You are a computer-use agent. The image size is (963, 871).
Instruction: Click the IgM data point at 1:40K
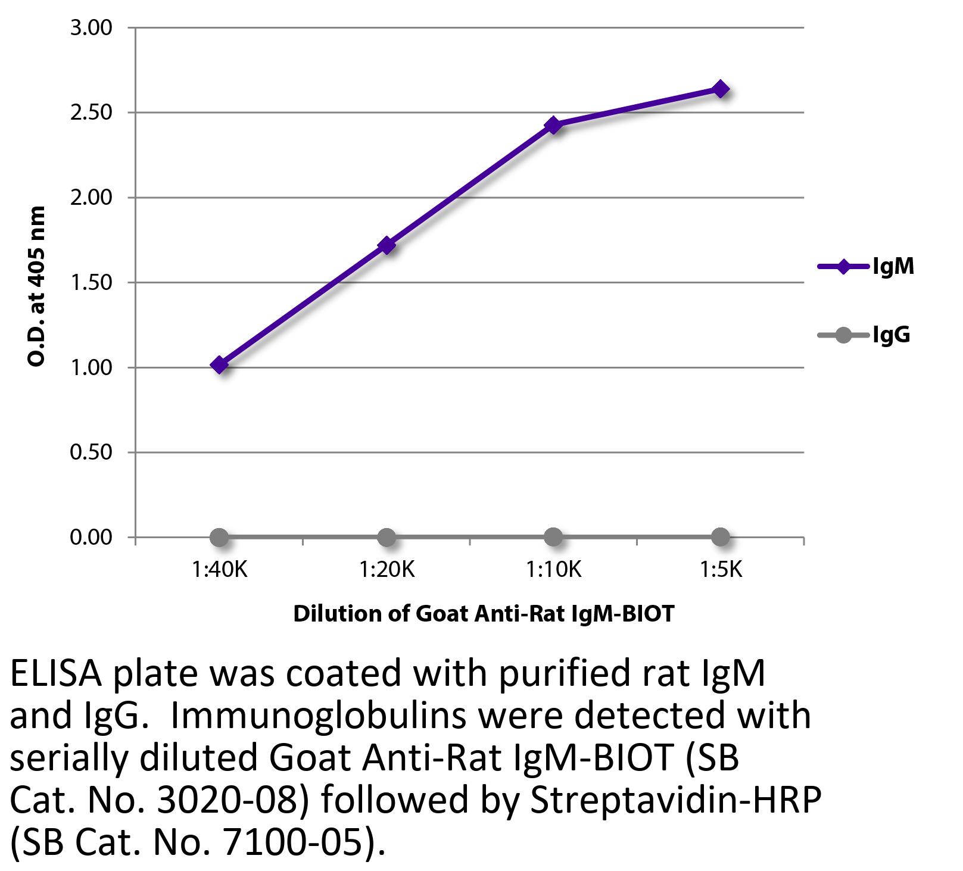click(x=219, y=364)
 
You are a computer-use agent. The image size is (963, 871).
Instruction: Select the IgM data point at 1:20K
click(x=387, y=245)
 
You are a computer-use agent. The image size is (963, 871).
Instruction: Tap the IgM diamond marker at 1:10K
click(x=553, y=125)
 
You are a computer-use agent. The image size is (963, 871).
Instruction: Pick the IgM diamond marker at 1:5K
click(x=720, y=89)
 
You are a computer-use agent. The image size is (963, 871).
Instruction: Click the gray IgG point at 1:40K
click(x=219, y=537)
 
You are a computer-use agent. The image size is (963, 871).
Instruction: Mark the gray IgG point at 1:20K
click(x=387, y=537)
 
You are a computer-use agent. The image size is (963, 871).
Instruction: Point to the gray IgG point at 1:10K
click(x=553, y=536)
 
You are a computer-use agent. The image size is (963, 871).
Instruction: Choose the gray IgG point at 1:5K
click(x=720, y=536)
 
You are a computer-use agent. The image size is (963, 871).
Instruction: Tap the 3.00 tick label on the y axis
click(x=91, y=28)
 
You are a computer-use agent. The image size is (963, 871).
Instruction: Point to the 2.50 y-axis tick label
click(x=91, y=113)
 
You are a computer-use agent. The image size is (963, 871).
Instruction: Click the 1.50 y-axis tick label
click(x=91, y=282)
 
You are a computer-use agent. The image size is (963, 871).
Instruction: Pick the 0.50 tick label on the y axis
click(x=91, y=452)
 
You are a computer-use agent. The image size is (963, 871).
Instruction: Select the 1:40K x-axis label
click(x=219, y=570)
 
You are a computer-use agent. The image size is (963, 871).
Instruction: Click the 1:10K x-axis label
click(x=553, y=570)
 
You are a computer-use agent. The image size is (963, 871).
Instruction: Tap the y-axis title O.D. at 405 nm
click(x=37, y=286)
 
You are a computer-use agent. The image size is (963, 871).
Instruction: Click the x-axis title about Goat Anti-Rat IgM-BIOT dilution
click(x=484, y=613)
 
